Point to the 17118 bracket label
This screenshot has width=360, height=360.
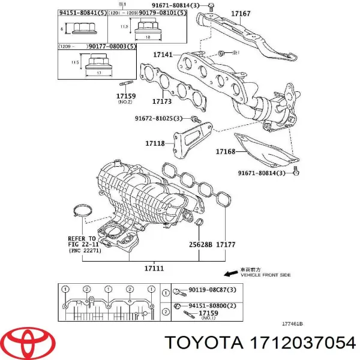[155, 143]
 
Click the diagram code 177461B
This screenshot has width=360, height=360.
[292, 323]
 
